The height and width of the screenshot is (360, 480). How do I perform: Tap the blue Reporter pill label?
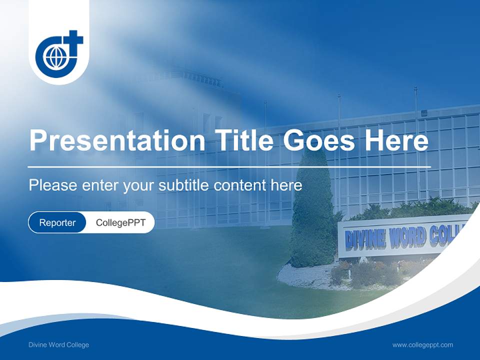(57, 222)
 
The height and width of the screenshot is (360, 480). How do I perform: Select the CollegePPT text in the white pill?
(120, 222)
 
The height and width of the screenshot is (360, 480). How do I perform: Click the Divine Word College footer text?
(59, 345)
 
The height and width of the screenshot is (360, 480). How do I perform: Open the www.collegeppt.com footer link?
(422, 345)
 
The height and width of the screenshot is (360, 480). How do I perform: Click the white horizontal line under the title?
(229, 166)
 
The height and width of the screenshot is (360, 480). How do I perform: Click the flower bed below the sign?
(370, 272)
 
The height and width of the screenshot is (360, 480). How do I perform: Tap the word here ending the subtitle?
(286, 185)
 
